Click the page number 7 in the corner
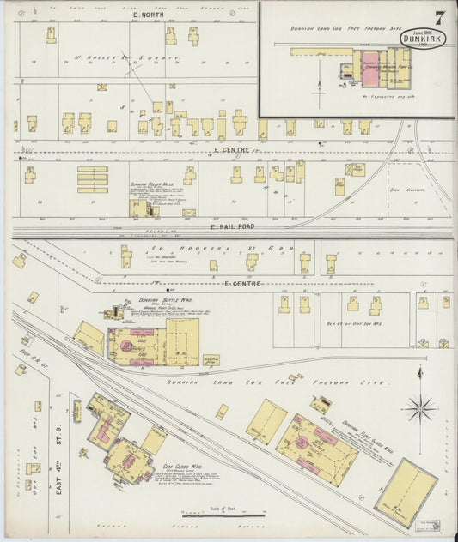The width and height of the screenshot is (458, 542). coord(439,16)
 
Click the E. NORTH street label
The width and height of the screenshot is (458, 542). coord(148,15)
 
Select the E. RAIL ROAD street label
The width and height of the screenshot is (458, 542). coord(230,226)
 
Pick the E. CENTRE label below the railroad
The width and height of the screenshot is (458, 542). coord(243,283)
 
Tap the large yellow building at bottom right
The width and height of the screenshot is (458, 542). coord(406,492)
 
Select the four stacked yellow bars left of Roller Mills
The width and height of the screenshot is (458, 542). coord(92,179)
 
